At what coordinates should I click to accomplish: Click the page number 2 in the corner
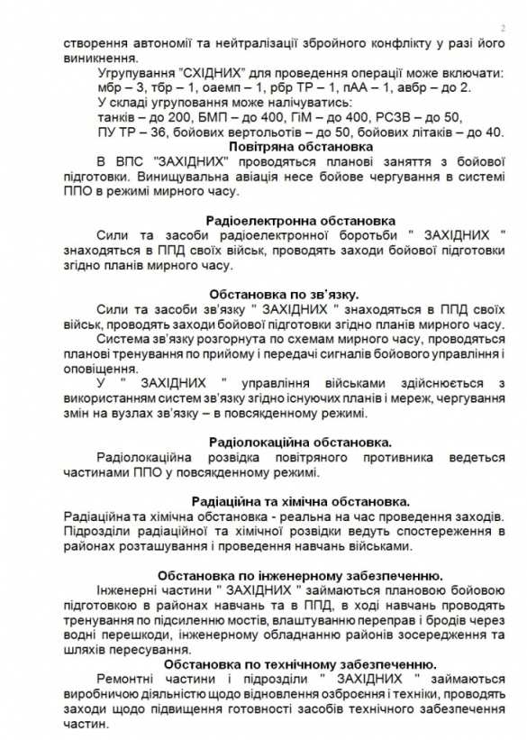coord(502,28)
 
